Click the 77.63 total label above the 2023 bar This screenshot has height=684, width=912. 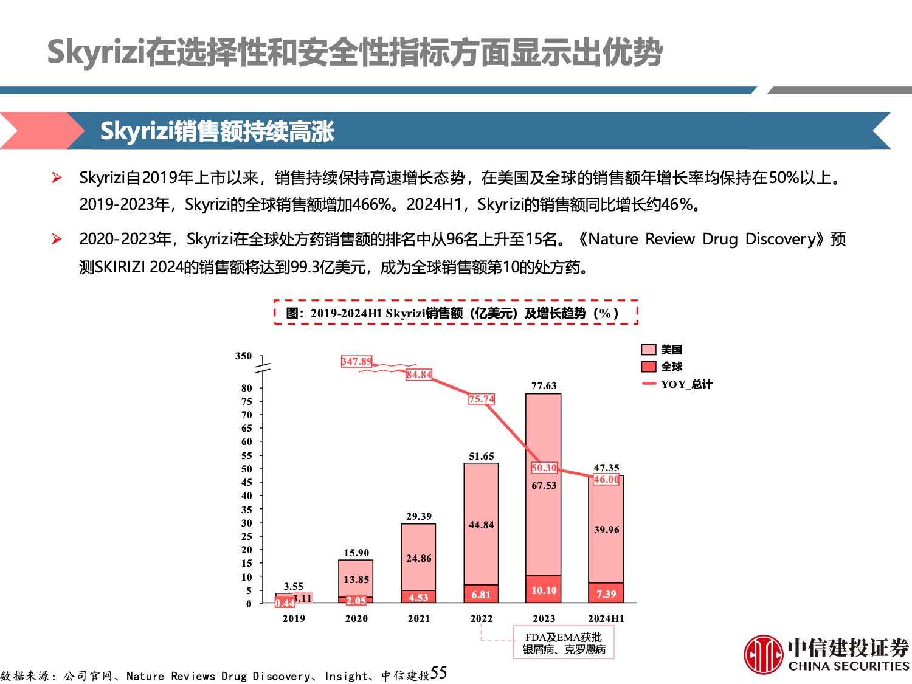(x=544, y=385)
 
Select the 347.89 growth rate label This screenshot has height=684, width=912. (x=356, y=361)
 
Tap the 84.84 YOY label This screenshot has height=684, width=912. (x=419, y=375)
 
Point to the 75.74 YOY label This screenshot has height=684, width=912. (x=482, y=399)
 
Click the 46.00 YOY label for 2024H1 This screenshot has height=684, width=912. (x=606, y=479)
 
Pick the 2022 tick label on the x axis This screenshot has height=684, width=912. (x=482, y=618)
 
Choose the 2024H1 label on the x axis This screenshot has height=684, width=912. (x=606, y=618)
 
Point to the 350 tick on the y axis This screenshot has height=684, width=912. (x=243, y=356)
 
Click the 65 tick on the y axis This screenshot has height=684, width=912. (x=246, y=428)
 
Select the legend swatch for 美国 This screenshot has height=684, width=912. (x=649, y=350)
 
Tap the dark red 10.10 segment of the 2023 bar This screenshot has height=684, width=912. (x=544, y=589)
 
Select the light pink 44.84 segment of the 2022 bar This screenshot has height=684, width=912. (x=481, y=524)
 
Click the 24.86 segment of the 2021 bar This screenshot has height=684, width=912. (x=418, y=558)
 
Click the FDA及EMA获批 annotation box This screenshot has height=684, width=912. (x=564, y=643)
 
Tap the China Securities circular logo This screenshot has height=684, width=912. (x=764, y=654)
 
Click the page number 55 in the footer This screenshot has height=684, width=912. (x=438, y=673)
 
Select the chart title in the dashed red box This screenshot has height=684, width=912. (x=455, y=313)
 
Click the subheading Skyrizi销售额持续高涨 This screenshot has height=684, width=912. (x=217, y=131)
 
